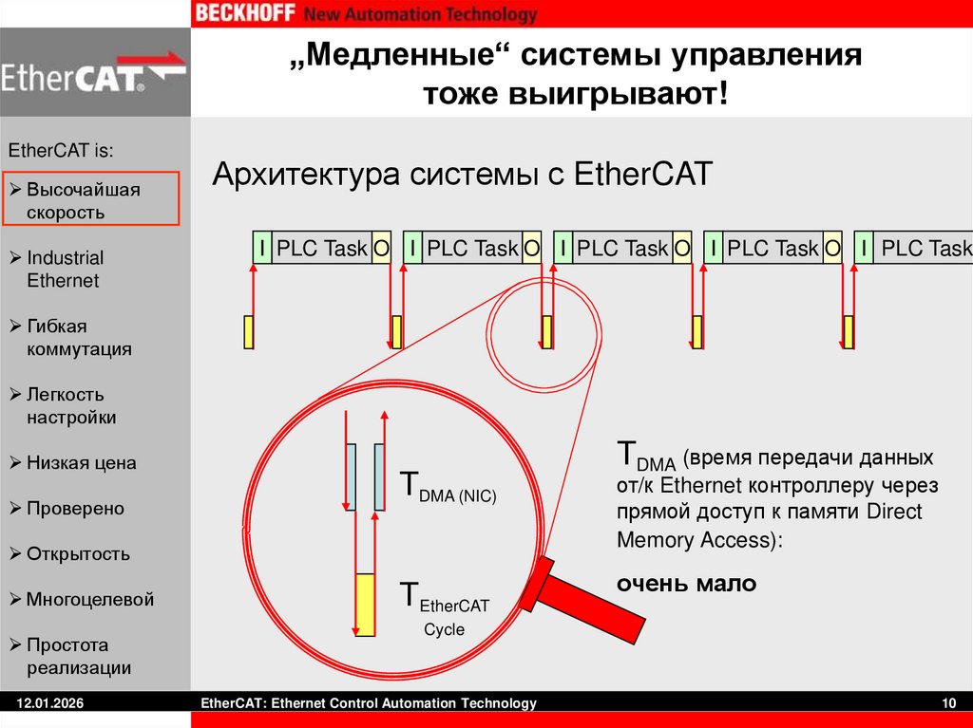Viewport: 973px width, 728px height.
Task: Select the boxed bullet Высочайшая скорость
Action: click(x=90, y=200)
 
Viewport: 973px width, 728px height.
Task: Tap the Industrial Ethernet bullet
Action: click(x=65, y=269)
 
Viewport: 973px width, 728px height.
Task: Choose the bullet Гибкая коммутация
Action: click(x=78, y=337)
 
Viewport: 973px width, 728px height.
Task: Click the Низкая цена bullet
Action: click(x=81, y=463)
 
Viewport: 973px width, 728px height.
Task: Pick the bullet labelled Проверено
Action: click(x=75, y=509)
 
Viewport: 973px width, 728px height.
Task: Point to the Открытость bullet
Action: click(x=78, y=554)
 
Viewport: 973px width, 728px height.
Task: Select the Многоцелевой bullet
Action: click(x=89, y=600)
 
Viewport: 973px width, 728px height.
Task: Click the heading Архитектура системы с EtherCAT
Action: click(x=461, y=176)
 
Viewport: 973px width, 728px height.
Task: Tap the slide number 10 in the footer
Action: click(x=947, y=703)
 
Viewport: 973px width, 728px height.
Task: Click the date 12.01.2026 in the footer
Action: click(x=46, y=703)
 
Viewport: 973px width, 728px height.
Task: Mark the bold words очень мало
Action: click(x=686, y=584)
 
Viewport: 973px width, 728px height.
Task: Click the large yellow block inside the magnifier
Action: click(x=365, y=605)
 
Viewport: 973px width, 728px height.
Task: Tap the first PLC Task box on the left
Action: click(x=321, y=249)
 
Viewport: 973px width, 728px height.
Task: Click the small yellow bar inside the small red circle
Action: click(x=546, y=331)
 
